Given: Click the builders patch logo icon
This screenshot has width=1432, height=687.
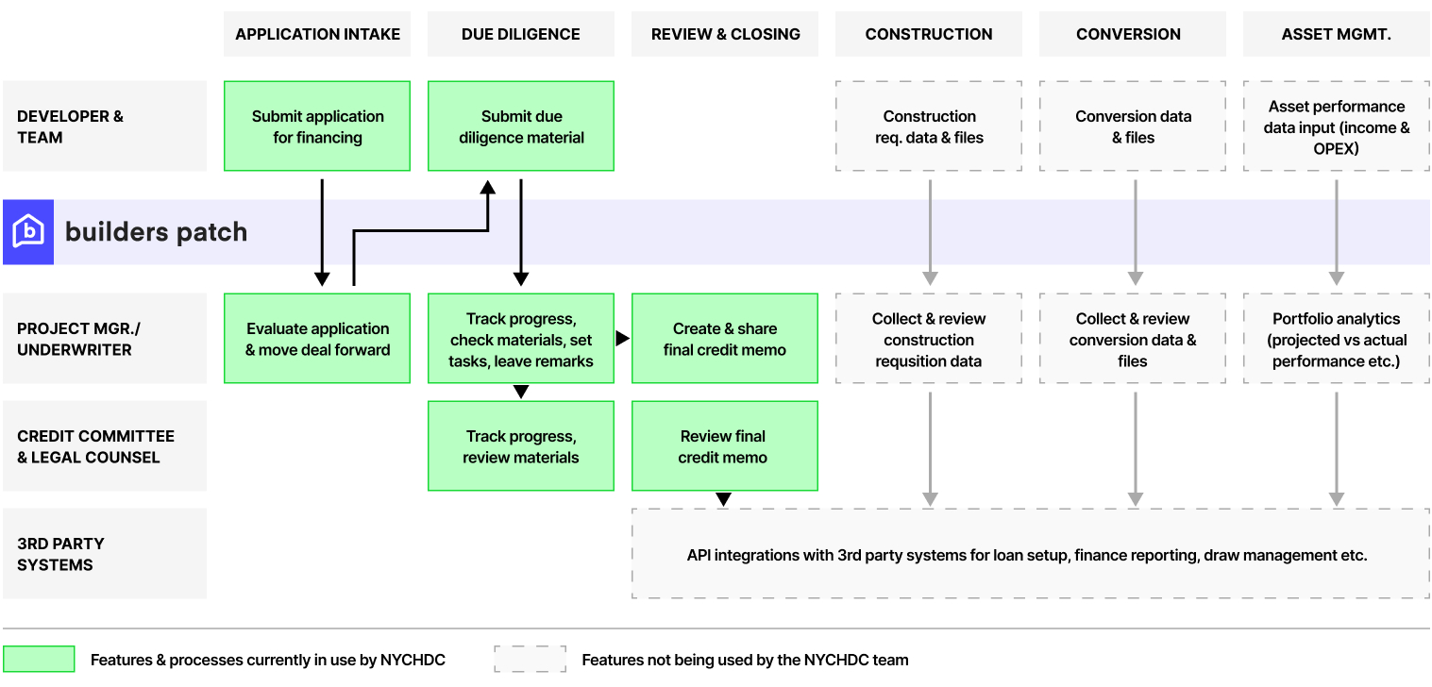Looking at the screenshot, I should (x=28, y=231).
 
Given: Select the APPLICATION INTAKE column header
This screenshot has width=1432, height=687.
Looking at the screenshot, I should (x=317, y=34).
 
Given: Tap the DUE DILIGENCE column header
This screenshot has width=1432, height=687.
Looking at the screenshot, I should (x=520, y=34).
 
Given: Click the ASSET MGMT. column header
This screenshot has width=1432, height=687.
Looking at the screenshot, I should (x=1336, y=34).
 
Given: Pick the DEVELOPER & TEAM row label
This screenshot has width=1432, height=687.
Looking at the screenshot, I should (x=104, y=126).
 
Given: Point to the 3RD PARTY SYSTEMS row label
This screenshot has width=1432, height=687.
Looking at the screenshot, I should (x=104, y=554).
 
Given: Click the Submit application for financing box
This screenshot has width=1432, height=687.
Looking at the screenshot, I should (x=317, y=126).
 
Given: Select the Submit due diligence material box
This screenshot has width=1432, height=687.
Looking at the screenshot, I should (x=521, y=126).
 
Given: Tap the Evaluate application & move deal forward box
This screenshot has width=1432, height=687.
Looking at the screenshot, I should (x=317, y=339).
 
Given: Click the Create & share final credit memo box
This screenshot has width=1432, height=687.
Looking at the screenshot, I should (x=724, y=339).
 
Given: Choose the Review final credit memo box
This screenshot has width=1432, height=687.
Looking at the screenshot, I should (x=724, y=446).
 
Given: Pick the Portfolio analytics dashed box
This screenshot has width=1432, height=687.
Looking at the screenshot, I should (x=1336, y=339).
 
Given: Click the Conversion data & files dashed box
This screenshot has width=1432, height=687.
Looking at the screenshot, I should (x=1133, y=126).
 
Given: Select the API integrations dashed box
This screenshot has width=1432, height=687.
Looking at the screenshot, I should (x=1029, y=554).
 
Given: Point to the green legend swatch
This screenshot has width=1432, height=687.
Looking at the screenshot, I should (x=39, y=659).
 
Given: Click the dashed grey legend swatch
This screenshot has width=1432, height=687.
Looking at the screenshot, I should (x=530, y=659).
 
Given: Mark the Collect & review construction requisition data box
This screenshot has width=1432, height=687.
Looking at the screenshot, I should (x=929, y=339).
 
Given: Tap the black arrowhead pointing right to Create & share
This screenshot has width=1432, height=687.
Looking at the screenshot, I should (x=622, y=338).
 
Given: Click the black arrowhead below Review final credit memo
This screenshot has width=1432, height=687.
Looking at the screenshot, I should (x=723, y=499).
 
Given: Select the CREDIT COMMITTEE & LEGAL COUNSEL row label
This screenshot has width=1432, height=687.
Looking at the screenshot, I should (x=104, y=446).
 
